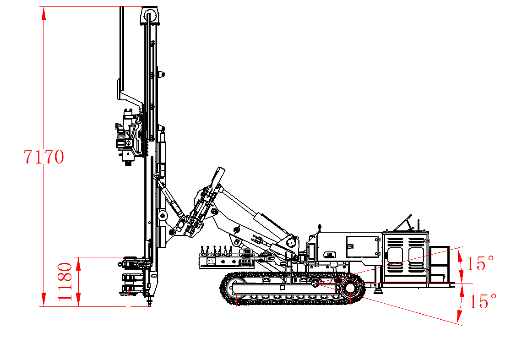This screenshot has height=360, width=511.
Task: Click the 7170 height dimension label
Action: pyautogui.click(x=43, y=157)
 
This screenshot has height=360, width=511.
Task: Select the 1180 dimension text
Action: pyautogui.click(x=65, y=281)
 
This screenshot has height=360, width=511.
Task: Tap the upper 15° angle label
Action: pyautogui.click(x=480, y=263)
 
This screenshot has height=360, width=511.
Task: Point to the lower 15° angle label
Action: pyautogui.click(x=482, y=301)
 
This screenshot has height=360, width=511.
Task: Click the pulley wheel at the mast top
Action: pyautogui.click(x=150, y=16)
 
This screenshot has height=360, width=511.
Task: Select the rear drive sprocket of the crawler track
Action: pyautogui.click(x=351, y=288)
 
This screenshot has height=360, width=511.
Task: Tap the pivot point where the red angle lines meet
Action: pyautogui.click(x=315, y=284)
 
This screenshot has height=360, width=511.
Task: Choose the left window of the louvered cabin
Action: pyautogui.click(x=395, y=255)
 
